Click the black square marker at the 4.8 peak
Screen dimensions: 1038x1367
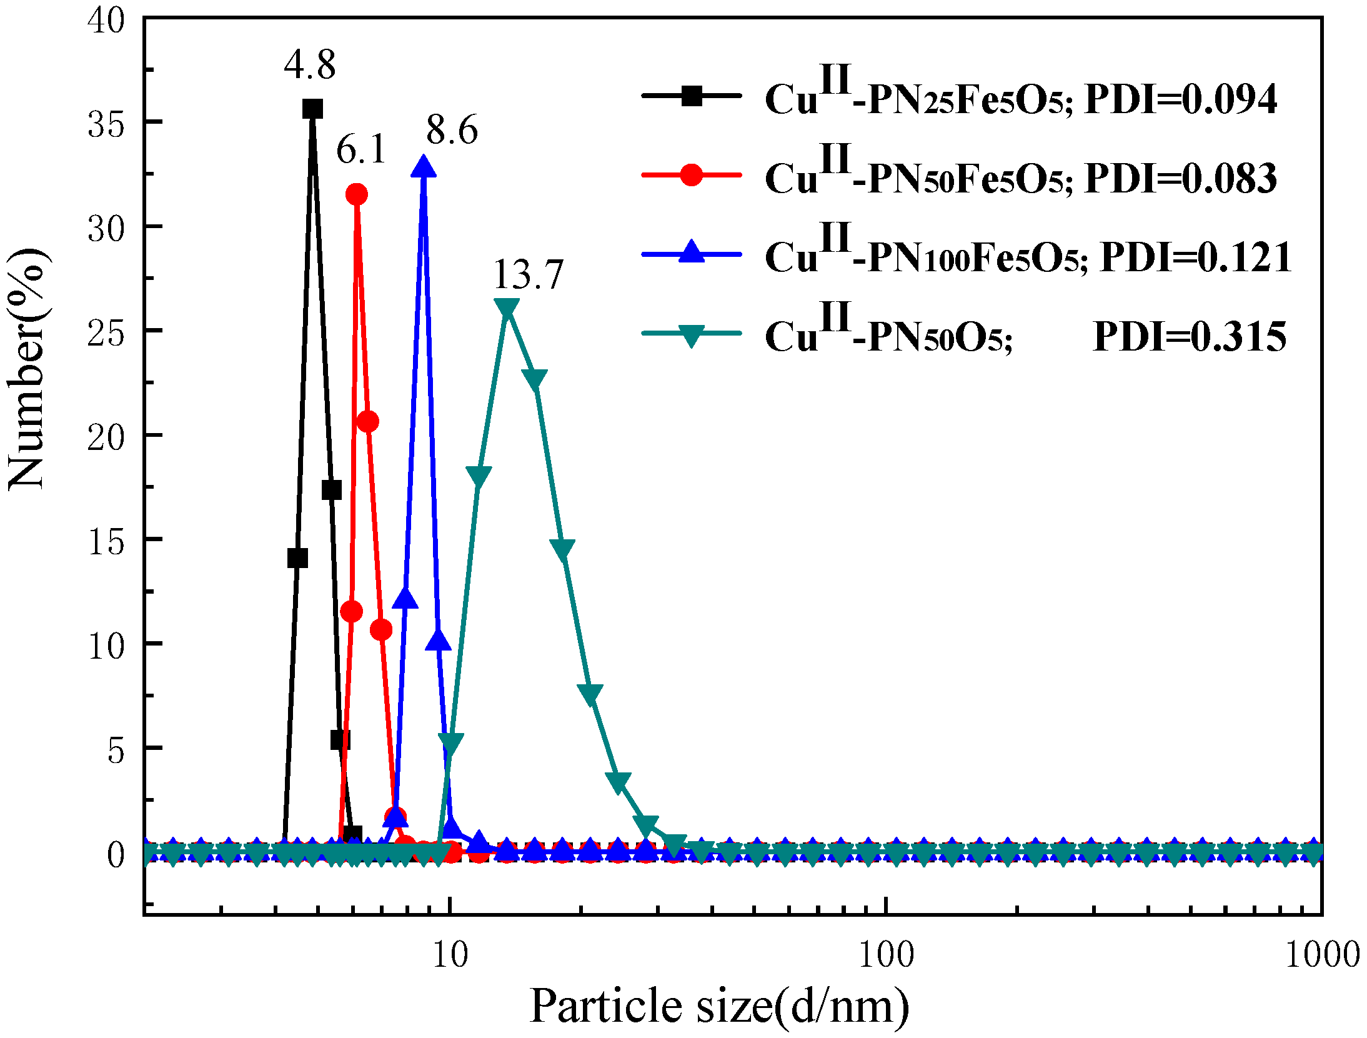click(312, 109)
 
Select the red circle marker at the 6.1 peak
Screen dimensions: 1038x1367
click(357, 194)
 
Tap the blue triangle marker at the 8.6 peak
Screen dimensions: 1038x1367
click(424, 167)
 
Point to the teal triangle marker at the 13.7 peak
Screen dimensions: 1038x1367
click(507, 308)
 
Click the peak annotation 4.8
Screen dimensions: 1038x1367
click(309, 64)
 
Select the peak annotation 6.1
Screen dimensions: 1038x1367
click(361, 149)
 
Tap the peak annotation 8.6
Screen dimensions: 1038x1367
click(452, 130)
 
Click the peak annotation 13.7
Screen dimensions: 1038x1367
click(529, 274)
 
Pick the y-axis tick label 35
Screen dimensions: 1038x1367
click(106, 125)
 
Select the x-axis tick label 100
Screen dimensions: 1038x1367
click(885, 955)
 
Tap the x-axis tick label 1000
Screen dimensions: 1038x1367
click(1322, 955)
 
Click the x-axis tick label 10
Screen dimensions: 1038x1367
click(450, 955)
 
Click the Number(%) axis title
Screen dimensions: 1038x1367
click(26, 369)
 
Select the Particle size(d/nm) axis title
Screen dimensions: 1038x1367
click(719, 1006)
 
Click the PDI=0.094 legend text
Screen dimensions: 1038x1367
click(1181, 99)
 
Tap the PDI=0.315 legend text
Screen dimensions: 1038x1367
click(1190, 336)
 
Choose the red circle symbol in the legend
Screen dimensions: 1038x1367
click(691, 175)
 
